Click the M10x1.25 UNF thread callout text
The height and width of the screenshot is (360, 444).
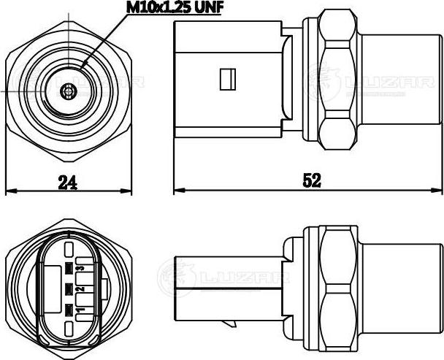[x=175, y=8]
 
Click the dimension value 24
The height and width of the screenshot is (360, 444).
[x=68, y=182]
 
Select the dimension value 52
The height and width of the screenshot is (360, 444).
[x=312, y=180]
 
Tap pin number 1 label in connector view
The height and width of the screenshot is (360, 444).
[x=81, y=310]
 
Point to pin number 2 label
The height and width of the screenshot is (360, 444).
[x=81, y=289]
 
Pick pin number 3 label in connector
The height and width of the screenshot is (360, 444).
[x=81, y=268]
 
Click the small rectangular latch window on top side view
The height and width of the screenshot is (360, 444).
[x=228, y=80]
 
